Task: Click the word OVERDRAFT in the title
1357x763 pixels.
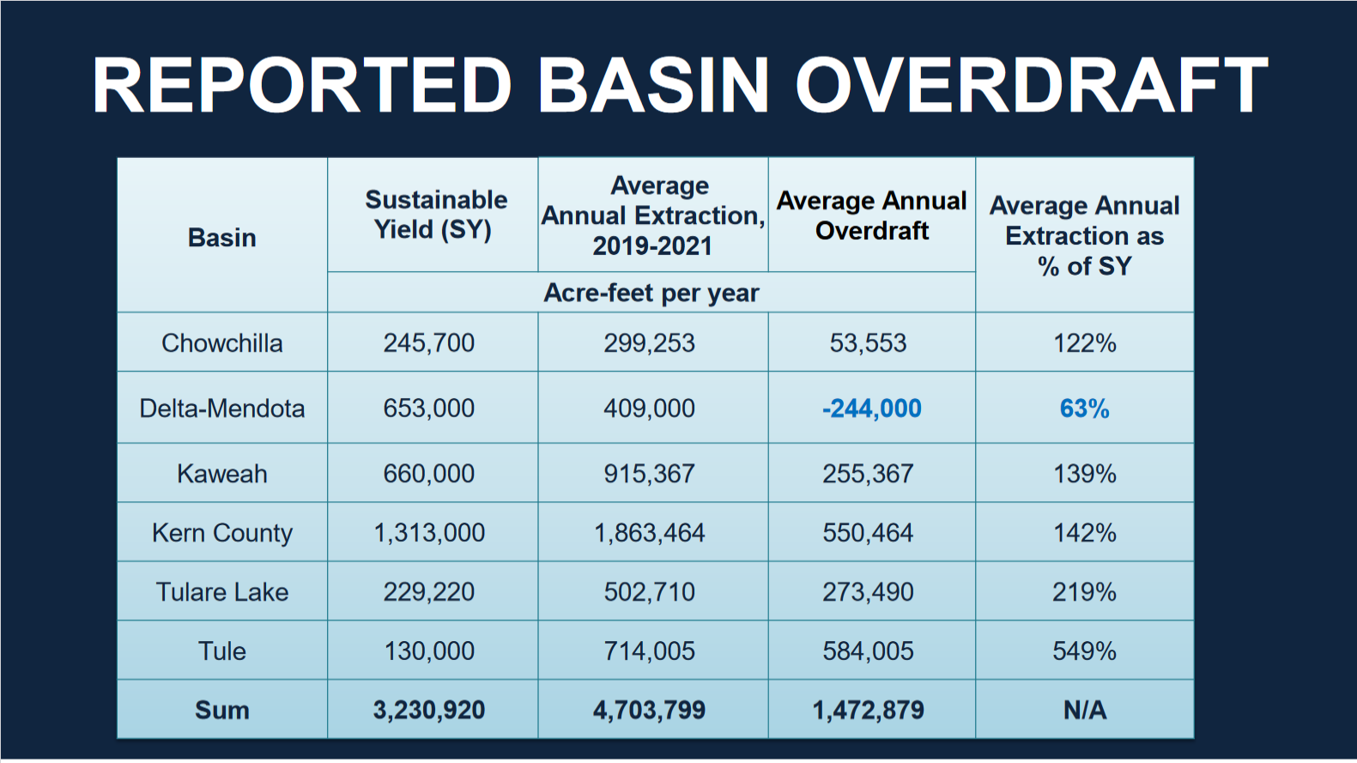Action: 1031,86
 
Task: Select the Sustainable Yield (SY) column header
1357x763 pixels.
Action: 435,215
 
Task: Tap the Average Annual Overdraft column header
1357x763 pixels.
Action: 871,215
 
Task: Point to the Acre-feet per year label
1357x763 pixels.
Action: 651,294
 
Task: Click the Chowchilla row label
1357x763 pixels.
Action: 222,343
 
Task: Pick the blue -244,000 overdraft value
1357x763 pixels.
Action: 871,409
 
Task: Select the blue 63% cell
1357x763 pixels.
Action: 1084,409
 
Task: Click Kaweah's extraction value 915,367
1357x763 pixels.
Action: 649,474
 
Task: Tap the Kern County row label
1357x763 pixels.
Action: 222,533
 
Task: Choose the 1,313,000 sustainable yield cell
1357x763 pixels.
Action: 429,533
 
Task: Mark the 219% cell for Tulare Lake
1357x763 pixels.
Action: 1084,592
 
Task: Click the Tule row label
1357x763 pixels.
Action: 222,651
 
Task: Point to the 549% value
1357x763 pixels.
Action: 1084,651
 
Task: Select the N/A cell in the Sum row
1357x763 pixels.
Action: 1084,711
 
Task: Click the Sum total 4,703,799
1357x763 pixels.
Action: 649,711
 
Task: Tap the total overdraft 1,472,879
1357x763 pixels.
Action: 868,711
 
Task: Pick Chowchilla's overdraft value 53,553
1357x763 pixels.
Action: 868,343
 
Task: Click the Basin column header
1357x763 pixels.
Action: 222,238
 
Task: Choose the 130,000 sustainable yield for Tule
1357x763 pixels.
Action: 429,651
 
